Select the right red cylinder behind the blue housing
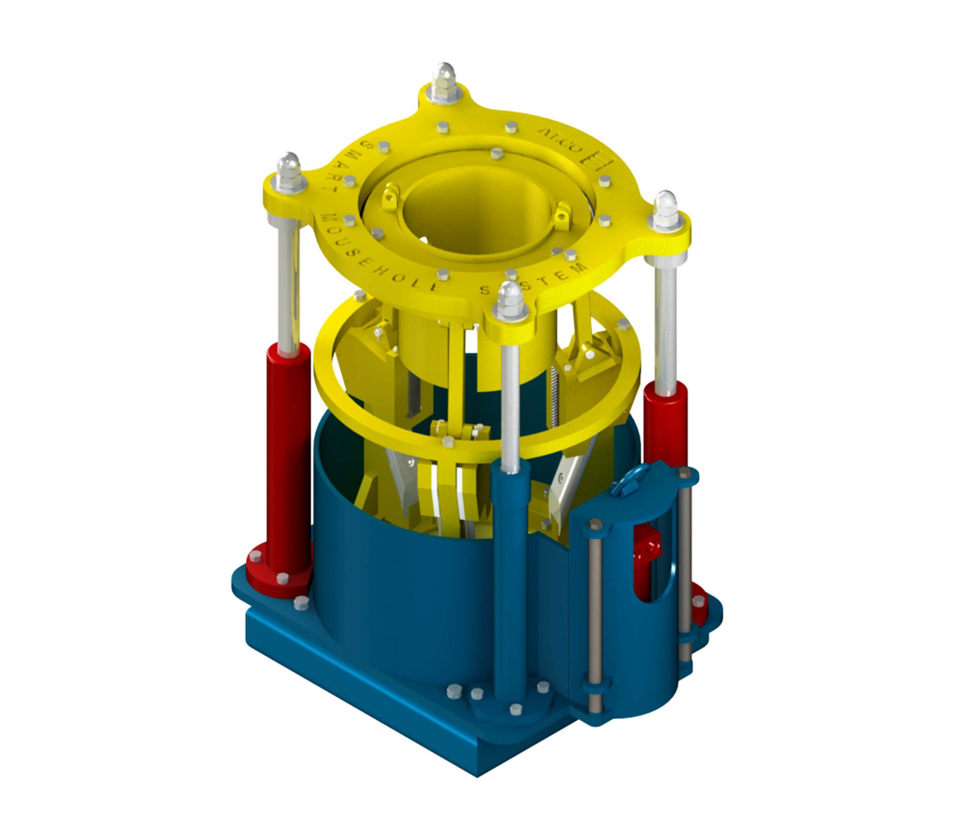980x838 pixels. pos(665,421)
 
